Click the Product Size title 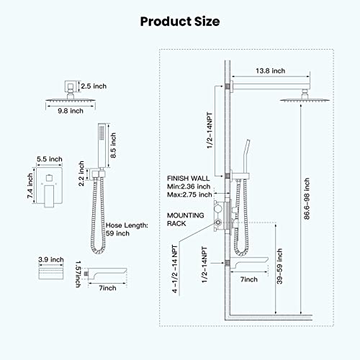click(179, 22)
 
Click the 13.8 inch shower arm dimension click(270, 71)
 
